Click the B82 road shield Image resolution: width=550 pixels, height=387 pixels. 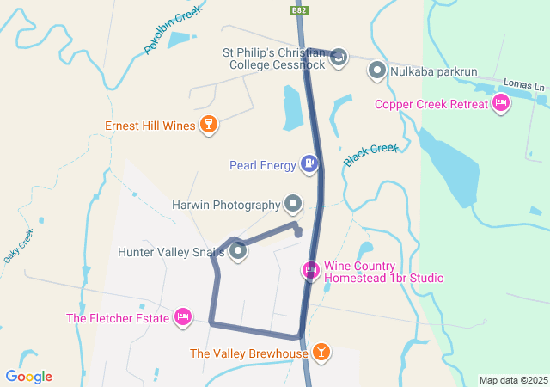(299, 10)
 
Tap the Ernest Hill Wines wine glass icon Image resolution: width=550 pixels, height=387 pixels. (207, 126)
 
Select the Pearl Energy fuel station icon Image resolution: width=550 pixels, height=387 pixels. (309, 163)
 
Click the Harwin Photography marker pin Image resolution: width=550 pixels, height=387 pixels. (294, 204)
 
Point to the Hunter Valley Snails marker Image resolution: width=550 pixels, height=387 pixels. (238, 252)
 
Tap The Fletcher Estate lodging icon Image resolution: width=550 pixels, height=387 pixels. (182, 318)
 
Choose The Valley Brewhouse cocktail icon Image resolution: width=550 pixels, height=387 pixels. (321, 352)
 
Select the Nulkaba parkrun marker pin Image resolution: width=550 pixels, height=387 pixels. (376, 71)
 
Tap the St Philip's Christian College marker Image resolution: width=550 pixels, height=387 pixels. (339, 58)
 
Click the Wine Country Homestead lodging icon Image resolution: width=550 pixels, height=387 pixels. (310, 270)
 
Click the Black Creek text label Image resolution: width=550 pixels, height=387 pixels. (371, 155)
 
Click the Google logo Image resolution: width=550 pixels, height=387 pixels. (28, 377)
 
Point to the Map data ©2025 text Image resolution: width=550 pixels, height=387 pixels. (513, 380)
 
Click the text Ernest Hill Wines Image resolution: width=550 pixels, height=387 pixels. (150, 126)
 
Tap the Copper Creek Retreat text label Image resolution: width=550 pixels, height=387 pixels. (431, 105)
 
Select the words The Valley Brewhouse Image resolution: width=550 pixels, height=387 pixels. (247, 353)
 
